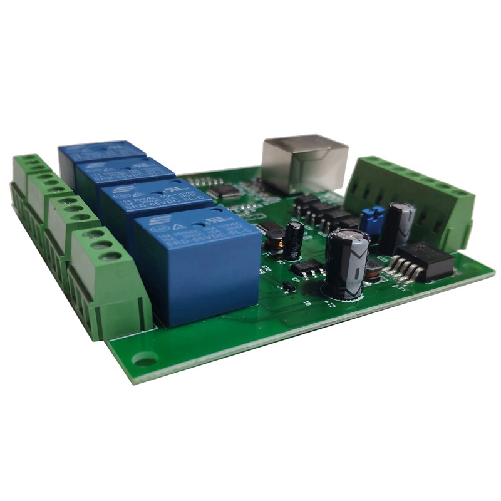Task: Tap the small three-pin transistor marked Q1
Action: pos(289,287)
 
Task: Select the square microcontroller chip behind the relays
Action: pos(224,190)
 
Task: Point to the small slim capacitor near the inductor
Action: pos(293,240)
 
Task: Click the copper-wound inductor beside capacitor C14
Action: pos(373,270)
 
